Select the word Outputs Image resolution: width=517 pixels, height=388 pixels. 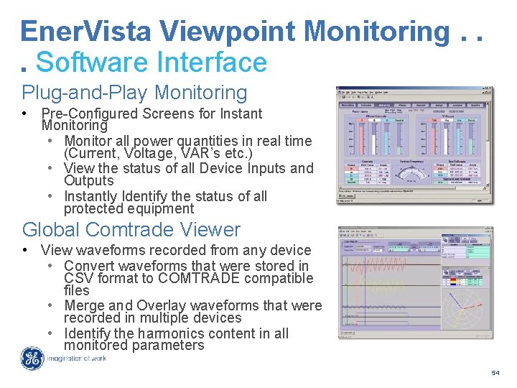click(x=88, y=181)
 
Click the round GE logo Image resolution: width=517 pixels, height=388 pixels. click(x=32, y=359)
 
